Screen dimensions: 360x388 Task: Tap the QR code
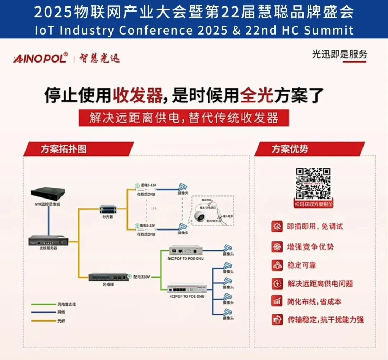[313, 183]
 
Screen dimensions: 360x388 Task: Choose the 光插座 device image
[108, 277]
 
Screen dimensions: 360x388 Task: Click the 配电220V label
[141, 277]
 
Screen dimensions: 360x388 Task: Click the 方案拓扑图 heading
[63, 149]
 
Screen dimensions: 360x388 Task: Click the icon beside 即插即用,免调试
[277, 226]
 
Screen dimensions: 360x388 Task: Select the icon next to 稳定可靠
[277, 265]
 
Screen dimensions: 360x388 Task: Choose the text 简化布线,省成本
[314, 301]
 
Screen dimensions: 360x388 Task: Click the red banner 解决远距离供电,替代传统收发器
[184, 118]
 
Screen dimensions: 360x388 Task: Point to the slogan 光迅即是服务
[339, 54]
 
